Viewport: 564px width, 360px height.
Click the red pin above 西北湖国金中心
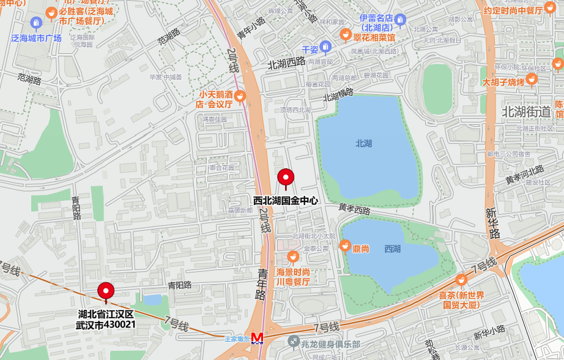click(x=286, y=178)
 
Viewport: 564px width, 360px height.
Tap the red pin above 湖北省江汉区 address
click(x=106, y=291)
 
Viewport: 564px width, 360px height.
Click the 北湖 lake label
click(x=363, y=143)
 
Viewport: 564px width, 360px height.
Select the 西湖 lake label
click(x=393, y=249)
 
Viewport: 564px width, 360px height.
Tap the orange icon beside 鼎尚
click(x=345, y=246)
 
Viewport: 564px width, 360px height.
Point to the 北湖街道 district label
click(x=525, y=111)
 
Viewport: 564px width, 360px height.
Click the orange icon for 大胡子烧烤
click(x=532, y=78)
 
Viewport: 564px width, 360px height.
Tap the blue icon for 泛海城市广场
click(x=36, y=23)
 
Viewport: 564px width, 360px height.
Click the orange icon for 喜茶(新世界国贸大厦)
click(x=461, y=280)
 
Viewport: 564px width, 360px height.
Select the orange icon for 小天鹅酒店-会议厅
click(x=240, y=96)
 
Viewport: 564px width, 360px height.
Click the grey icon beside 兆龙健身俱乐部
click(x=294, y=342)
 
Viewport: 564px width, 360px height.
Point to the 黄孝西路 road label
click(x=355, y=209)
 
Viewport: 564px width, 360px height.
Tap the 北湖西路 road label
click(x=286, y=62)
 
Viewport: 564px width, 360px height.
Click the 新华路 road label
click(x=493, y=223)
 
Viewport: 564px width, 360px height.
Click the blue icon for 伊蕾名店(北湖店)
click(x=400, y=20)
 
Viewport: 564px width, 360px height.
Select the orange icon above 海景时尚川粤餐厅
click(x=293, y=256)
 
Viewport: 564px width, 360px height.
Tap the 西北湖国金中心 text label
click(x=286, y=200)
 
